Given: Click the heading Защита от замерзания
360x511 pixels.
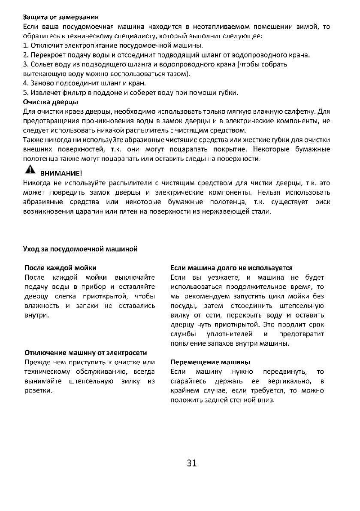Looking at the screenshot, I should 61,18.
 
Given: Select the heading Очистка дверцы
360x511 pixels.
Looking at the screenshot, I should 50,102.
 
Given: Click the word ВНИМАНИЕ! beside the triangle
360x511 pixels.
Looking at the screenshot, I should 61,174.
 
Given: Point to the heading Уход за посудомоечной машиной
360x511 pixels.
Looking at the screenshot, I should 80,249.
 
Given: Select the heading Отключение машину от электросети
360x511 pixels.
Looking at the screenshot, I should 86,353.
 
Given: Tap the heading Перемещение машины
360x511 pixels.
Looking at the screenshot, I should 210,362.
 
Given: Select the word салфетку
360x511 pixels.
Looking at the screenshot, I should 300,112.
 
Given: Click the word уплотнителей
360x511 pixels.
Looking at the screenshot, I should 238,334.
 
